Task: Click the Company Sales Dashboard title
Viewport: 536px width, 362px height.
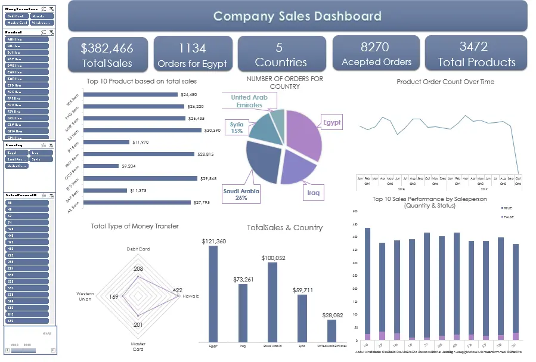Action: click(297, 16)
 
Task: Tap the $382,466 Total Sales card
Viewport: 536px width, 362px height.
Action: click(107, 54)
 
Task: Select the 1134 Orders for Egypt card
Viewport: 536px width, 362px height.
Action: click(192, 54)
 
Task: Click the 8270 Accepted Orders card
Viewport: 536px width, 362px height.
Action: click(376, 54)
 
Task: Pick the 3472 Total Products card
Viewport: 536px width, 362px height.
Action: click(476, 54)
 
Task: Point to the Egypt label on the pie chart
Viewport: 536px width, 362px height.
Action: click(331, 123)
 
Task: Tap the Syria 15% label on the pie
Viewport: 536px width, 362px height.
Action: click(237, 128)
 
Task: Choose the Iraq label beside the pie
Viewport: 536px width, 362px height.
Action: click(314, 193)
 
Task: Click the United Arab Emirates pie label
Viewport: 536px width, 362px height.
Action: click(249, 101)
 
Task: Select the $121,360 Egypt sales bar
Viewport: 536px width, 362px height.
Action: click(213, 292)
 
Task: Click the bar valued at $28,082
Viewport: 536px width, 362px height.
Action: click(331, 330)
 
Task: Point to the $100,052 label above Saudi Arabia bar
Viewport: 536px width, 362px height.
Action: click(272, 258)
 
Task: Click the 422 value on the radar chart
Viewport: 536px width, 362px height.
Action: click(178, 290)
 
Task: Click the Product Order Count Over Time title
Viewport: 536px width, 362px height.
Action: click(445, 82)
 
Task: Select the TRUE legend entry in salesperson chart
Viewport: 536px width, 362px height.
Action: click(507, 208)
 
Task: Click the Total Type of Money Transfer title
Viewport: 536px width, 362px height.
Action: click(135, 226)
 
